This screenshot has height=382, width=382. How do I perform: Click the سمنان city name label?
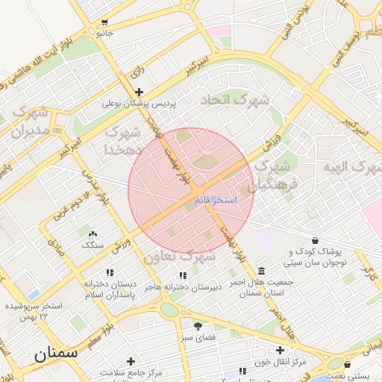point(56,354)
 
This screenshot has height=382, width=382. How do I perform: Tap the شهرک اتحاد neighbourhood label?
point(237,99)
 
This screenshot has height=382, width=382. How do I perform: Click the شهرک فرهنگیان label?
point(275,174)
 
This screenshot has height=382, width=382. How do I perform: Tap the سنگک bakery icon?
point(93,234)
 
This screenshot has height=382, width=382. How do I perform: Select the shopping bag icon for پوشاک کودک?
point(316,241)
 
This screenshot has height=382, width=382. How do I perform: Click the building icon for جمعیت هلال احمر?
point(260,271)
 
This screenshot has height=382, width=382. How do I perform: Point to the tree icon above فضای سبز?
point(198,325)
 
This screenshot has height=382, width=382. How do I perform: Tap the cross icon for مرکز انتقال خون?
point(280,350)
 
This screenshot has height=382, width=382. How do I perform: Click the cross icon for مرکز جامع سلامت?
point(131,360)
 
